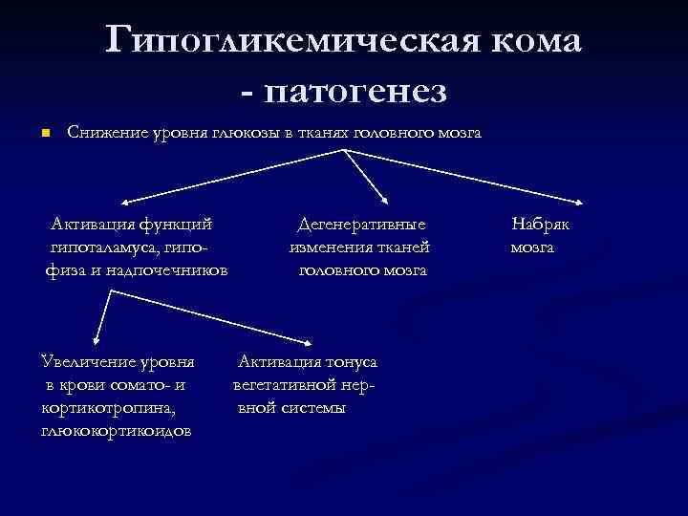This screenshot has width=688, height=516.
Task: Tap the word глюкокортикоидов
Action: (116, 431)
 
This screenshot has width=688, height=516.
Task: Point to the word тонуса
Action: (352, 362)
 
